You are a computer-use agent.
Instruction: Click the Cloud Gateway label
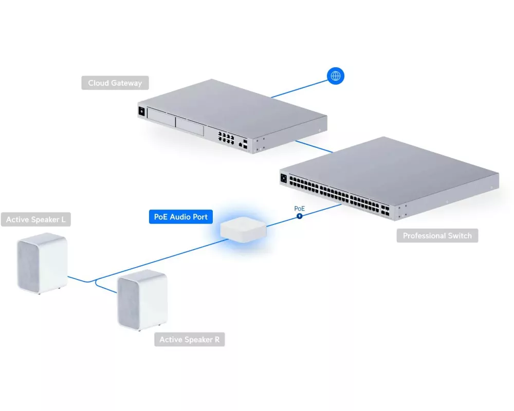pyautogui.click(x=115, y=83)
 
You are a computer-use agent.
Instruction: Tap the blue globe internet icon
pyautogui.click(x=336, y=77)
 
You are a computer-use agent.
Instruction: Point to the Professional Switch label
pyautogui.click(x=437, y=236)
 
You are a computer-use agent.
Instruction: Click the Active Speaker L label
pyautogui.click(x=35, y=220)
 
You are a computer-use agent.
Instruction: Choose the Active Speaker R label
pyautogui.click(x=189, y=340)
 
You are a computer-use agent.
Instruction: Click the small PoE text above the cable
pyautogui.click(x=299, y=209)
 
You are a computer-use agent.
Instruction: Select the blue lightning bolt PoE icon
pyautogui.click(x=299, y=216)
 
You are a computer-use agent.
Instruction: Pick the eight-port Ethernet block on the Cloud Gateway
pyautogui.click(x=227, y=137)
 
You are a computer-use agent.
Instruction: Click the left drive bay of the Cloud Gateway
pyautogui.click(x=160, y=120)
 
